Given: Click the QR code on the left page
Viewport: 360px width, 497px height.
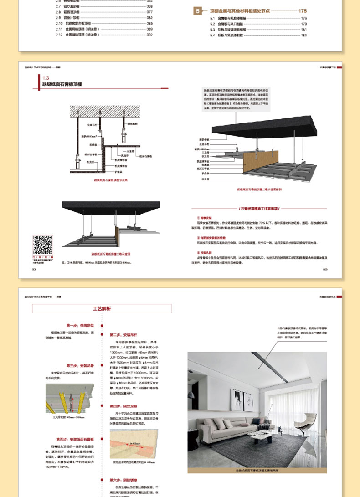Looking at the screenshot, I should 42,245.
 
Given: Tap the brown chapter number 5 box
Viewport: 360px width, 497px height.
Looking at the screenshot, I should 197,10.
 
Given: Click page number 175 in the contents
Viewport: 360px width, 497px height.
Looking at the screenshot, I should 303,10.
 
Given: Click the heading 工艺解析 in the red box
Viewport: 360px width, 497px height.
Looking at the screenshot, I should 102,309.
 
